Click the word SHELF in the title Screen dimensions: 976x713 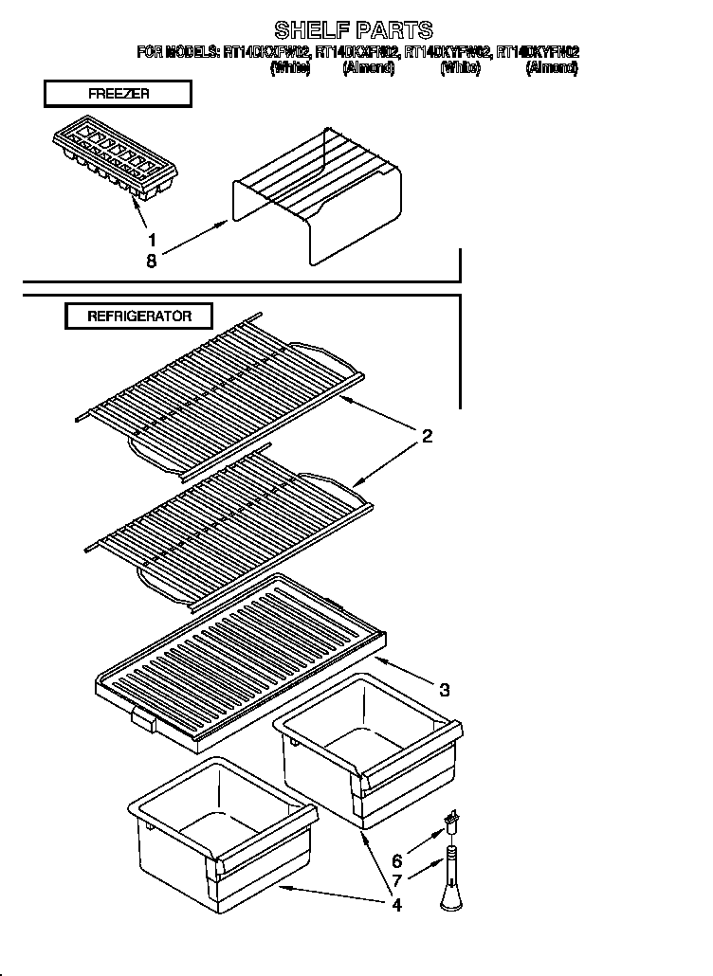pyautogui.click(x=305, y=30)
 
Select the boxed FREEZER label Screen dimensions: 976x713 pyautogui.click(x=118, y=94)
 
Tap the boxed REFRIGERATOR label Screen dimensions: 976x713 pyautogui.click(x=139, y=316)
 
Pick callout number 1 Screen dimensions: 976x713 pyautogui.click(x=151, y=239)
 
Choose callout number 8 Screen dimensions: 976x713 pyautogui.click(x=151, y=261)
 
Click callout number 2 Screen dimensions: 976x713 pyautogui.click(x=427, y=436)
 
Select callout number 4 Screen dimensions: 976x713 pyautogui.click(x=396, y=904)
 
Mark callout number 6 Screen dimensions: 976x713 pyautogui.click(x=396, y=861)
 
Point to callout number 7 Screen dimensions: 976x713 pyautogui.click(x=396, y=881)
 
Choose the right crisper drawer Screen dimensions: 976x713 pyautogui.click(x=368, y=749)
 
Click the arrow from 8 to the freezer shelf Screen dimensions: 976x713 pyautogui.click(x=194, y=239)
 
